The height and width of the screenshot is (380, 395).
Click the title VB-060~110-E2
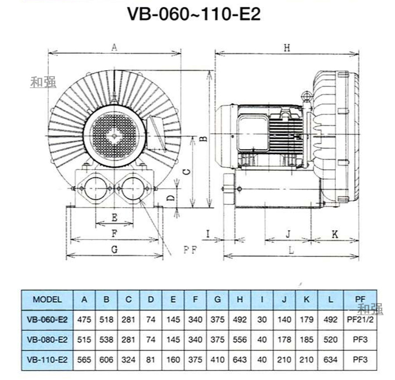(194, 14)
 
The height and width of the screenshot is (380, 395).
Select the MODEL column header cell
(47, 300)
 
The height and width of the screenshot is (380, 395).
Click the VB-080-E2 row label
(47, 339)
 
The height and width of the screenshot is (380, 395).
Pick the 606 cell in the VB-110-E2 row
(106, 359)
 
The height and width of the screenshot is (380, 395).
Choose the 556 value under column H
(240, 339)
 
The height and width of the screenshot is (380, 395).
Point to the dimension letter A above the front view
(115, 47)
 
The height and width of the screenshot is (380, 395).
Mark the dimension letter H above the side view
(287, 48)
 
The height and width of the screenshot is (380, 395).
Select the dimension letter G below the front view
(114, 250)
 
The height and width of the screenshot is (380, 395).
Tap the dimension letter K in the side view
(335, 234)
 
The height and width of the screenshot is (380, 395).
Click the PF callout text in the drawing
(190, 250)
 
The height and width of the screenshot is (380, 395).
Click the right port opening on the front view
(133, 188)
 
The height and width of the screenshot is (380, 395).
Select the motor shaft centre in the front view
(115, 136)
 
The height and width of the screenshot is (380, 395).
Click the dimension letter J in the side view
(288, 234)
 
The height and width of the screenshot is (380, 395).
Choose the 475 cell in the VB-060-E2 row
(84, 320)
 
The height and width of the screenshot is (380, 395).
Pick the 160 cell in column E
(173, 359)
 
